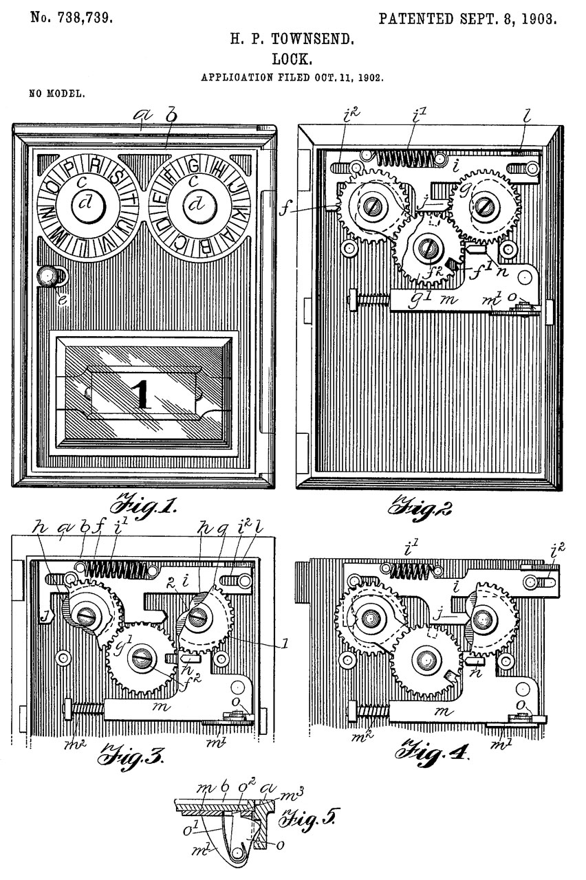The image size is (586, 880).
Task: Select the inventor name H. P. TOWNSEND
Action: pos(292,42)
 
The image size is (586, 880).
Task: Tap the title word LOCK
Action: pos(292,60)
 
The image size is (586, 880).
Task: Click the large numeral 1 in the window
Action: pos(140,394)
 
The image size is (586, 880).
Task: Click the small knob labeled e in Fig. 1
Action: pos(48,276)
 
